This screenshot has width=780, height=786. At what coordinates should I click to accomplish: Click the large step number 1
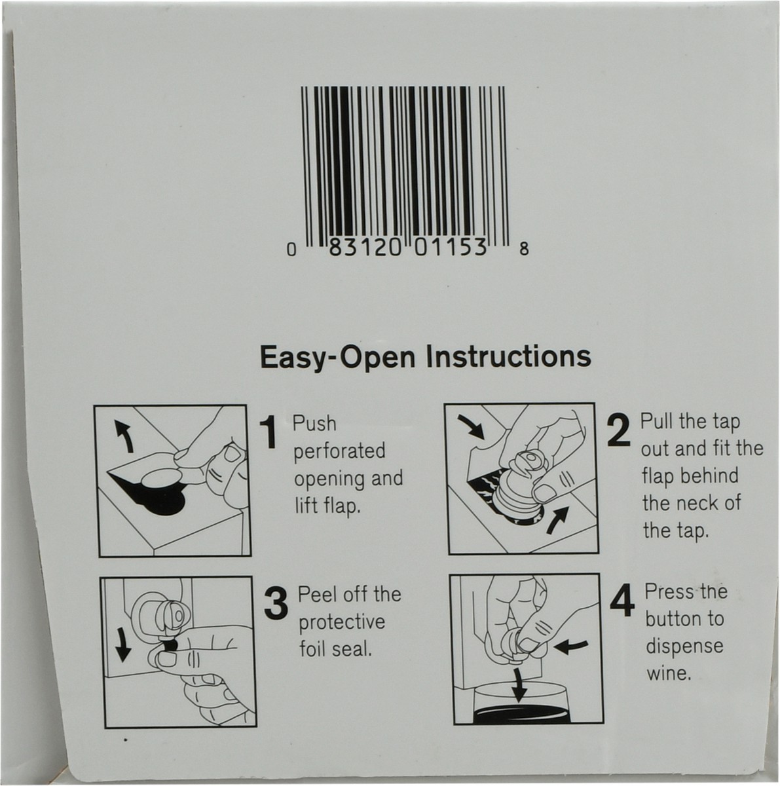tap(269, 433)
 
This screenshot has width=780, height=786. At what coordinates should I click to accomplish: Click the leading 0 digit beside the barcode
tap(291, 249)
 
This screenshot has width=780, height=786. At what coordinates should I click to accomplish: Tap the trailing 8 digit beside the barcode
tap(524, 248)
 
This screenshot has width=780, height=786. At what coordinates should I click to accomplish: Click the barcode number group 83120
tap(365, 247)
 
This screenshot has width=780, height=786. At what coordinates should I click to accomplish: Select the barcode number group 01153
tap(451, 247)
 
